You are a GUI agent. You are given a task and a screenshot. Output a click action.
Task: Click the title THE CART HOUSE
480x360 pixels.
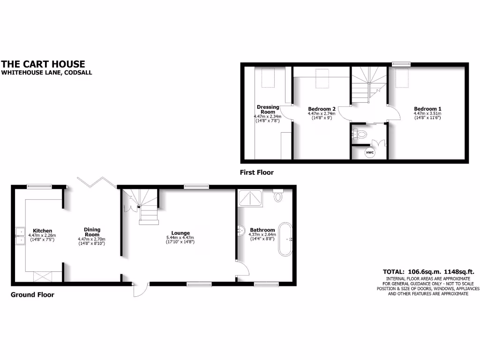43,64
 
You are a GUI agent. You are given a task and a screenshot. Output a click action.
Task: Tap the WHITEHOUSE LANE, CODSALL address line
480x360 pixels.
46,73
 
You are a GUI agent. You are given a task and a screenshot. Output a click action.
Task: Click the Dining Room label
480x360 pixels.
92,232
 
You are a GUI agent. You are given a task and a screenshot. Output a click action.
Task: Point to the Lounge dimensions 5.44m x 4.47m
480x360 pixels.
180,238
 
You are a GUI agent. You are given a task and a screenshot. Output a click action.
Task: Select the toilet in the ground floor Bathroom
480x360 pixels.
277,195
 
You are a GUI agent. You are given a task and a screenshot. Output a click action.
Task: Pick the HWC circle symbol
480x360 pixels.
370,152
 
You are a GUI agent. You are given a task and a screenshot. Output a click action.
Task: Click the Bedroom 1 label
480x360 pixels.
427,108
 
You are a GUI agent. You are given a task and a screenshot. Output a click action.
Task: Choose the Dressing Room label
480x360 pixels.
268,109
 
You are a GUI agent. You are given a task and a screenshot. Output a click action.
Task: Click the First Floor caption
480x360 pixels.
257,172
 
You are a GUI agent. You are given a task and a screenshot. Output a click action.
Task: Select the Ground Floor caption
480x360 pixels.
32,295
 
